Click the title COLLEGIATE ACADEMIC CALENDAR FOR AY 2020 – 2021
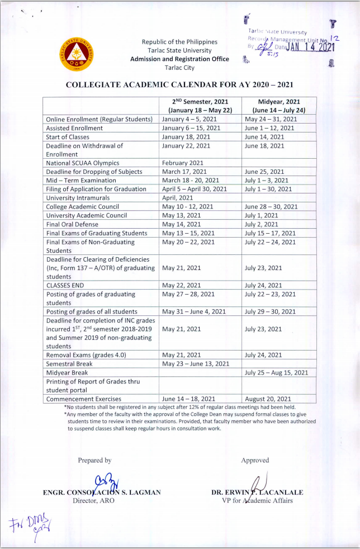179,85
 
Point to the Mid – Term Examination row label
81,181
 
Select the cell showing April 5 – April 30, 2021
195,190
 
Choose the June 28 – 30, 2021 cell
271,207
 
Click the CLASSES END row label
65,285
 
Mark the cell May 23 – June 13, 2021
196,364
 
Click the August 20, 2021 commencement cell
268,399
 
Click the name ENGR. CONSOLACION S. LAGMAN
102,493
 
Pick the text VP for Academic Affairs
257,501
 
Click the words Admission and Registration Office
179,59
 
